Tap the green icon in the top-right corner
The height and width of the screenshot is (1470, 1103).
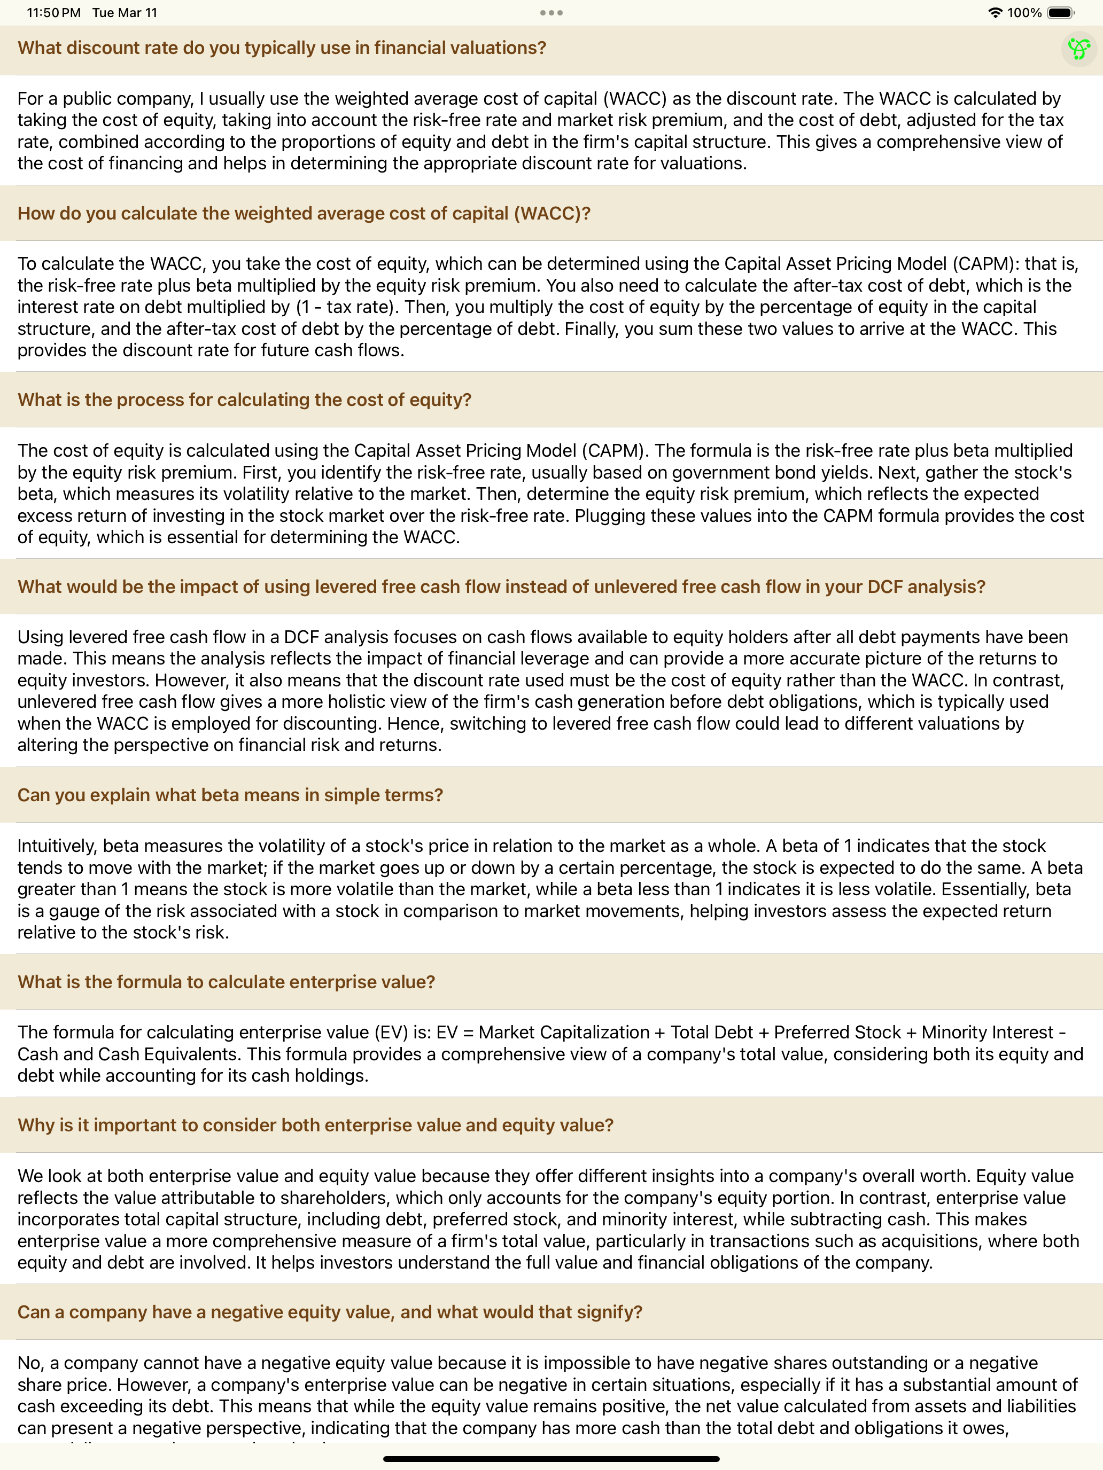click(x=1078, y=49)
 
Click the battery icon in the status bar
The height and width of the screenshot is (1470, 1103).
click(x=1060, y=13)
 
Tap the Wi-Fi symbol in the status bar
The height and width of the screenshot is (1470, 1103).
click(x=995, y=13)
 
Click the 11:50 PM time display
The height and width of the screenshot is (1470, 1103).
click(x=53, y=13)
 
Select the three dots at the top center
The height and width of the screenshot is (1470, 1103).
click(x=551, y=13)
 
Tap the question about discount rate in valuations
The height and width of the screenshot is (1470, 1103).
click(x=282, y=48)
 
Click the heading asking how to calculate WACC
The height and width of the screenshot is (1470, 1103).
click(x=304, y=213)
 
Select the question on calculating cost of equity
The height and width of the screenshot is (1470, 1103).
click(x=244, y=400)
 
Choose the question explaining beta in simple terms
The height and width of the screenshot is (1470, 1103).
click(x=230, y=795)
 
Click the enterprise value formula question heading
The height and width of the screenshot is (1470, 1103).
click(x=226, y=982)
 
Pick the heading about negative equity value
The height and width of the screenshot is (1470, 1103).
click(x=330, y=1312)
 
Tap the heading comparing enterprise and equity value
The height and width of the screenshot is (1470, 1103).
click(x=315, y=1125)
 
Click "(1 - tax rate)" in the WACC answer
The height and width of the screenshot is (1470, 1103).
click(x=347, y=307)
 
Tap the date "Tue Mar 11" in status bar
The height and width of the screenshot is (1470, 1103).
click(x=125, y=13)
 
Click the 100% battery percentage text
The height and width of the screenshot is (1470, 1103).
click(x=1024, y=13)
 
